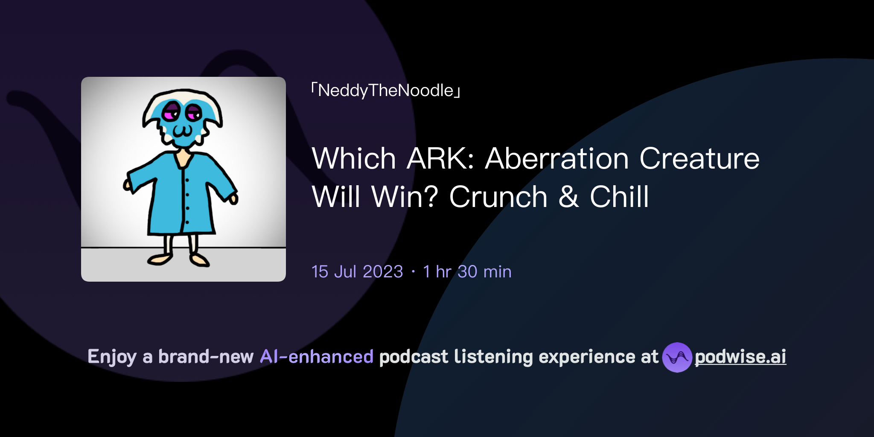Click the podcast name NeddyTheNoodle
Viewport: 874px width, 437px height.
pos(386,90)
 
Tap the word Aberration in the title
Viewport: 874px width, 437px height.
pos(557,159)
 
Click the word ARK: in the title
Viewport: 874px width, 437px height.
pos(440,159)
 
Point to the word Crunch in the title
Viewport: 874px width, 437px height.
pos(498,197)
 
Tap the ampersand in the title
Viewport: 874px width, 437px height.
pos(568,197)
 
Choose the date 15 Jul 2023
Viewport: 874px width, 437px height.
pos(357,272)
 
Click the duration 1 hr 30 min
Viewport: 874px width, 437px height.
pos(467,272)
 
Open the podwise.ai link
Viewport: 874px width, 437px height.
pos(740,357)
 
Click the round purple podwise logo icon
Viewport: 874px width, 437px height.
pos(677,357)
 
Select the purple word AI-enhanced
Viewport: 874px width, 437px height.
pos(317,357)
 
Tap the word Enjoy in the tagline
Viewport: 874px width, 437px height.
pos(112,357)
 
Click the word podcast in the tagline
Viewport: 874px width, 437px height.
pos(414,357)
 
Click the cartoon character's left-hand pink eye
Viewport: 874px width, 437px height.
pos(172,112)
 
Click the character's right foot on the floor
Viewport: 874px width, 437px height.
pos(199,259)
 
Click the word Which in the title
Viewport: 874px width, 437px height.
pos(354,159)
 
